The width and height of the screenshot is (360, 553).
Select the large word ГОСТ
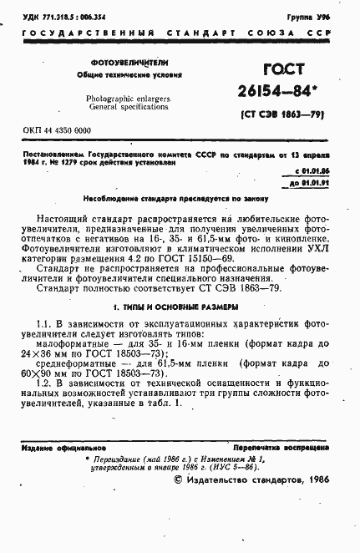[x=283, y=72]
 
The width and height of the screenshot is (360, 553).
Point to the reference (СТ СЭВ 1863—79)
[x=284, y=114]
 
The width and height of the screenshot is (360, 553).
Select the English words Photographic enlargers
[x=129, y=98]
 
